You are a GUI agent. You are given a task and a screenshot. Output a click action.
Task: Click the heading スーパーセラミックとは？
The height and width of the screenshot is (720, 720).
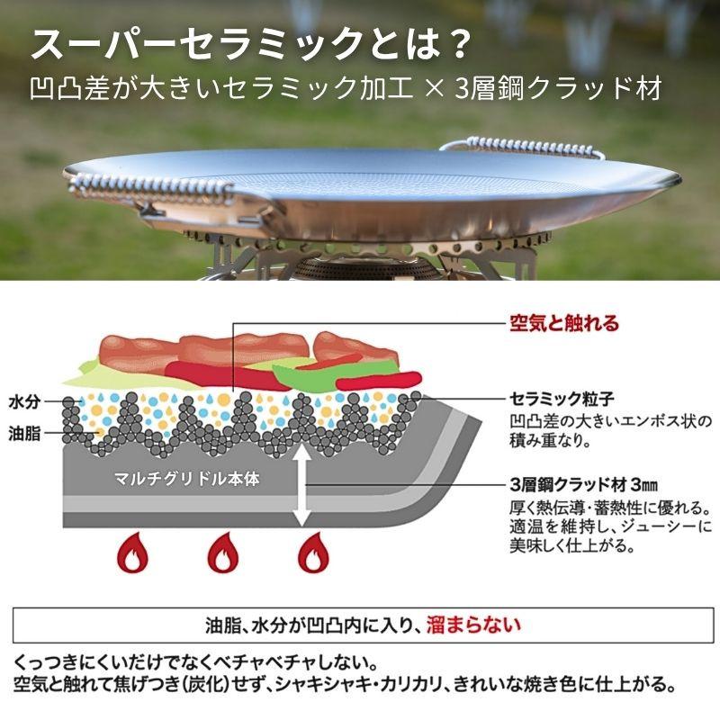(251, 44)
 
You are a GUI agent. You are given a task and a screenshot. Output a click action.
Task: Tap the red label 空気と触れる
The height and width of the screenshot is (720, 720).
(564, 323)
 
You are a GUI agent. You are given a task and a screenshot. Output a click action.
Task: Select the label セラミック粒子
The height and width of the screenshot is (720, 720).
(562, 399)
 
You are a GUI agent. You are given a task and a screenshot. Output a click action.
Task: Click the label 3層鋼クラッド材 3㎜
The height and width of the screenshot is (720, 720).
(583, 484)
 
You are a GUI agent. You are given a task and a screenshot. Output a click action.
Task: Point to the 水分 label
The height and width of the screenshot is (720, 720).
(24, 401)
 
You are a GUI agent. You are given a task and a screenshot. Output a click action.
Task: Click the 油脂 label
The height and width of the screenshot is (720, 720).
(24, 434)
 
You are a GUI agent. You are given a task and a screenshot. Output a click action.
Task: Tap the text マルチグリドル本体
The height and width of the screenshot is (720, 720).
(186, 479)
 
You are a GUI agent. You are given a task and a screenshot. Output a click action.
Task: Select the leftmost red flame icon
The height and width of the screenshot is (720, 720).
(132, 553)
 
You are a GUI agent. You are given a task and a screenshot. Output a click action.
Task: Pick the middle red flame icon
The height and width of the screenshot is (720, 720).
(223, 553)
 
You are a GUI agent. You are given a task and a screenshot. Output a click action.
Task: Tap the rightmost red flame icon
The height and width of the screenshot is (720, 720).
(313, 553)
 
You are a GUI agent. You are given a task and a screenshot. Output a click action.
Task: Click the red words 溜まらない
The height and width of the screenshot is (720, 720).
(473, 625)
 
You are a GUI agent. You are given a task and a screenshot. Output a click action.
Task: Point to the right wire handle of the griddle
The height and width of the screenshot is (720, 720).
(522, 147)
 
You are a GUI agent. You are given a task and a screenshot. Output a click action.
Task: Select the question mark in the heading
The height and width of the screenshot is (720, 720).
(455, 44)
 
